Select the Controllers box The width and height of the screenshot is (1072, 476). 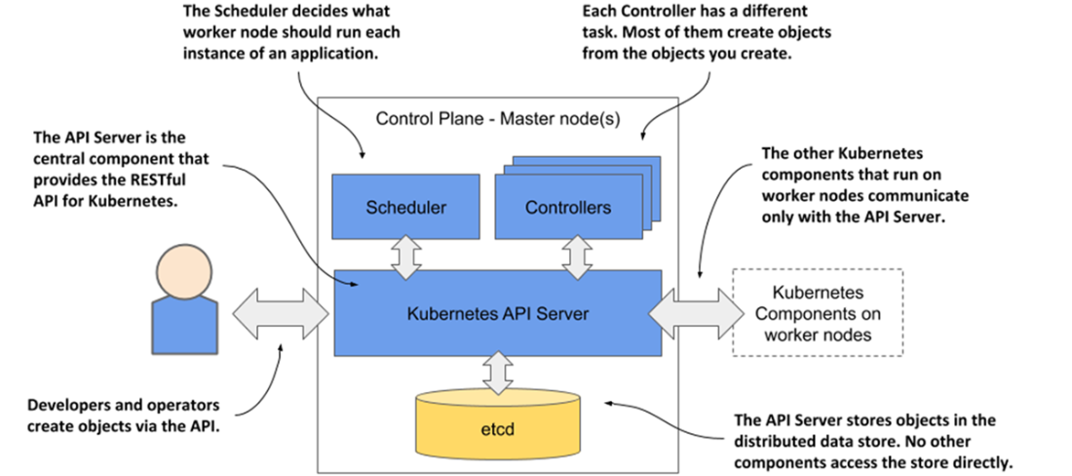[567, 207]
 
